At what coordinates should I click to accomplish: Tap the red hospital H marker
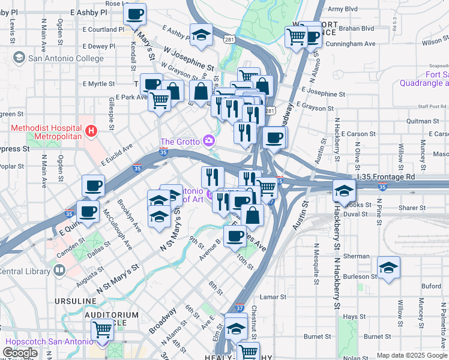[x=91, y=130]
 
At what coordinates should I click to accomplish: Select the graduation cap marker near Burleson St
[x=388, y=269]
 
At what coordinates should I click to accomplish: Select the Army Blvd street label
[x=343, y=9]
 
